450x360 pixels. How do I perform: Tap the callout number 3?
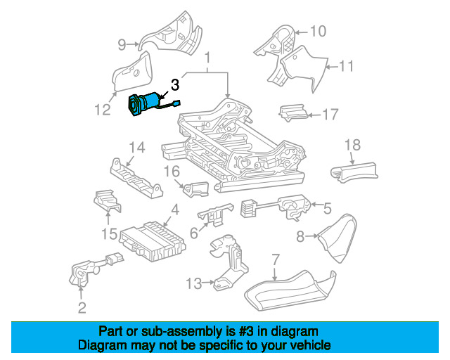point(175,85)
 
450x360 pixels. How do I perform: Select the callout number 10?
point(318,31)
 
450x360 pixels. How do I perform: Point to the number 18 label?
point(352,145)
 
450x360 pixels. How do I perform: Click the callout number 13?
point(194,283)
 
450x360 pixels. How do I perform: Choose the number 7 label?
point(275,260)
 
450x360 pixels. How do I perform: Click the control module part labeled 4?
point(153,241)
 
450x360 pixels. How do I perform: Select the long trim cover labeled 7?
point(290,290)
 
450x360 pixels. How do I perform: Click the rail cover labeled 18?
point(354,172)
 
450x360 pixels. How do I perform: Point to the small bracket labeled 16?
point(196,189)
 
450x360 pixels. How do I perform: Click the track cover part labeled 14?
point(136,179)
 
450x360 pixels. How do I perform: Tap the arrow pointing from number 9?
point(133,44)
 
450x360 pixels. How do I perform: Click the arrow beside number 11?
point(332,67)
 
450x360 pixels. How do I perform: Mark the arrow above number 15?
point(108,217)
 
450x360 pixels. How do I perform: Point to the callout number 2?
point(82,308)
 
